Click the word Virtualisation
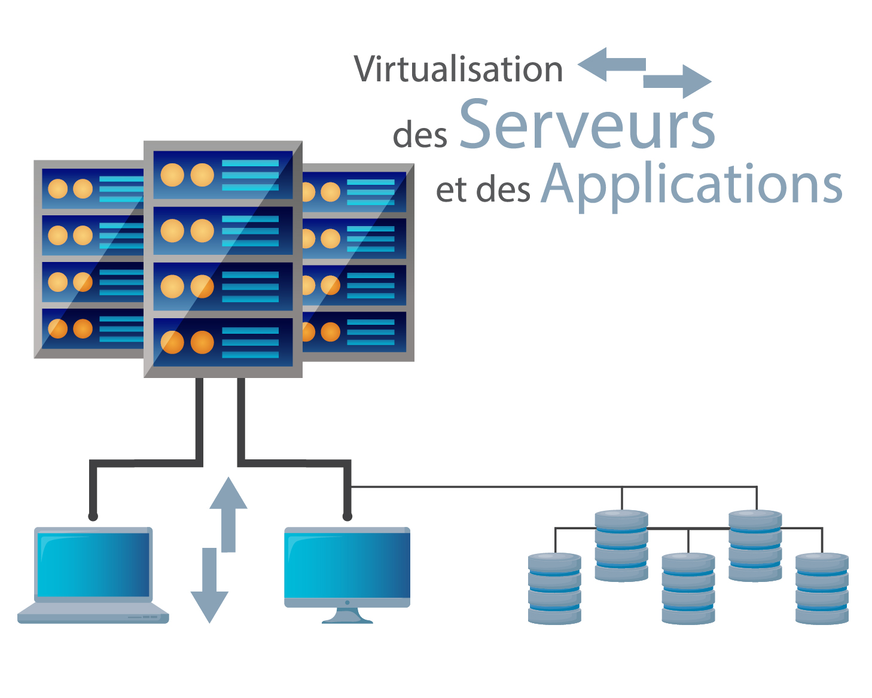click(x=458, y=69)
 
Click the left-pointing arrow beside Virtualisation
click(x=610, y=65)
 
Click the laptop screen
click(x=93, y=564)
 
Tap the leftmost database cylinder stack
click(x=554, y=589)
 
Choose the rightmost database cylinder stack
click(x=822, y=589)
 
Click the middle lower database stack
click(x=688, y=589)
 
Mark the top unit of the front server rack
click(x=223, y=175)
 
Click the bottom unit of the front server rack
click(x=223, y=342)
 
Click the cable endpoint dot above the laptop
click(x=93, y=516)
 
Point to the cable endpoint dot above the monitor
click(x=347, y=516)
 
